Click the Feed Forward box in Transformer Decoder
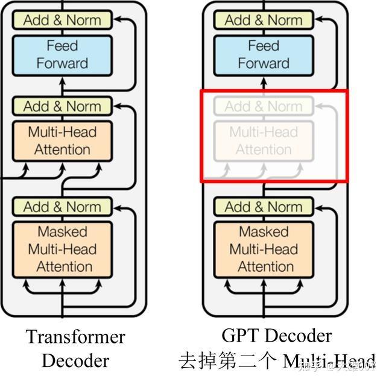(x=62, y=55)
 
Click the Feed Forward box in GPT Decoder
(x=264, y=55)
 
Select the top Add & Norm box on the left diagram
(x=62, y=20)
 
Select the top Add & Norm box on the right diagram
(x=264, y=20)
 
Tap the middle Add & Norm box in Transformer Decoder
(x=62, y=107)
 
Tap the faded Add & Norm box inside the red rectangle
(x=264, y=107)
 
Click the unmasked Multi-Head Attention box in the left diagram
(x=62, y=141)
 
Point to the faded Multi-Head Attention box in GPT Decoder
(x=264, y=141)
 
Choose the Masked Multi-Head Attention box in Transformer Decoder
(x=62, y=249)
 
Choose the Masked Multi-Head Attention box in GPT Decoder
(x=264, y=249)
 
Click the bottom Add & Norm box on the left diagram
(x=62, y=207)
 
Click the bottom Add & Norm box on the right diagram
(x=264, y=207)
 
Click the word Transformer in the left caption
(x=75, y=337)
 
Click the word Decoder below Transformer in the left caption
(x=75, y=360)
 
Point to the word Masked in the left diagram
(x=62, y=232)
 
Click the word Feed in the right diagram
(x=264, y=46)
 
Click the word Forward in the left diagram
(x=62, y=63)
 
